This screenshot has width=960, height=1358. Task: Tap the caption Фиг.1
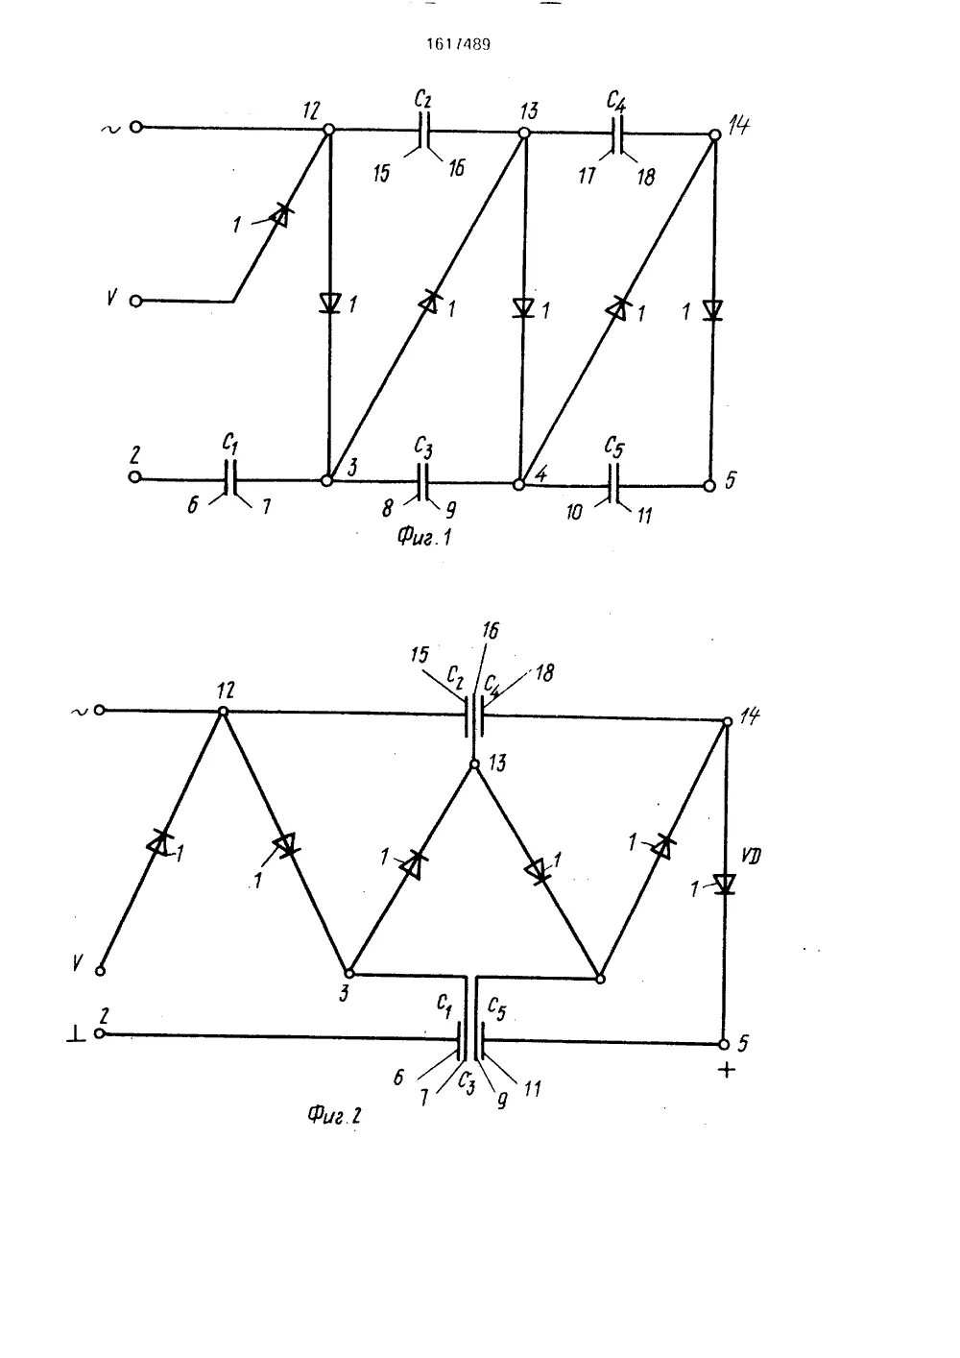click(x=424, y=537)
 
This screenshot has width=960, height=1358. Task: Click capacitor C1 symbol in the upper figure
click(x=229, y=478)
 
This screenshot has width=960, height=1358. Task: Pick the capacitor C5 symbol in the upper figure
click(x=613, y=486)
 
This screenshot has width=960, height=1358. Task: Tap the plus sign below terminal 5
click(x=727, y=1070)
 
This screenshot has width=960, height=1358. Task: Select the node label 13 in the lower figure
click(x=496, y=764)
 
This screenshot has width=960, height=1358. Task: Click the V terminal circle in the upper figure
click(x=135, y=301)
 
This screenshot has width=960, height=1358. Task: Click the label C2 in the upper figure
click(x=422, y=99)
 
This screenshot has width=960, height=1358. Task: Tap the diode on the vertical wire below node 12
click(x=329, y=303)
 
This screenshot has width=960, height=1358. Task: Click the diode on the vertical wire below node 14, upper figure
click(x=712, y=309)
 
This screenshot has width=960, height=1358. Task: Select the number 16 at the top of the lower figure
click(x=490, y=630)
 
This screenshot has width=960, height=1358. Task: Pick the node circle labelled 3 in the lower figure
click(x=350, y=973)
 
